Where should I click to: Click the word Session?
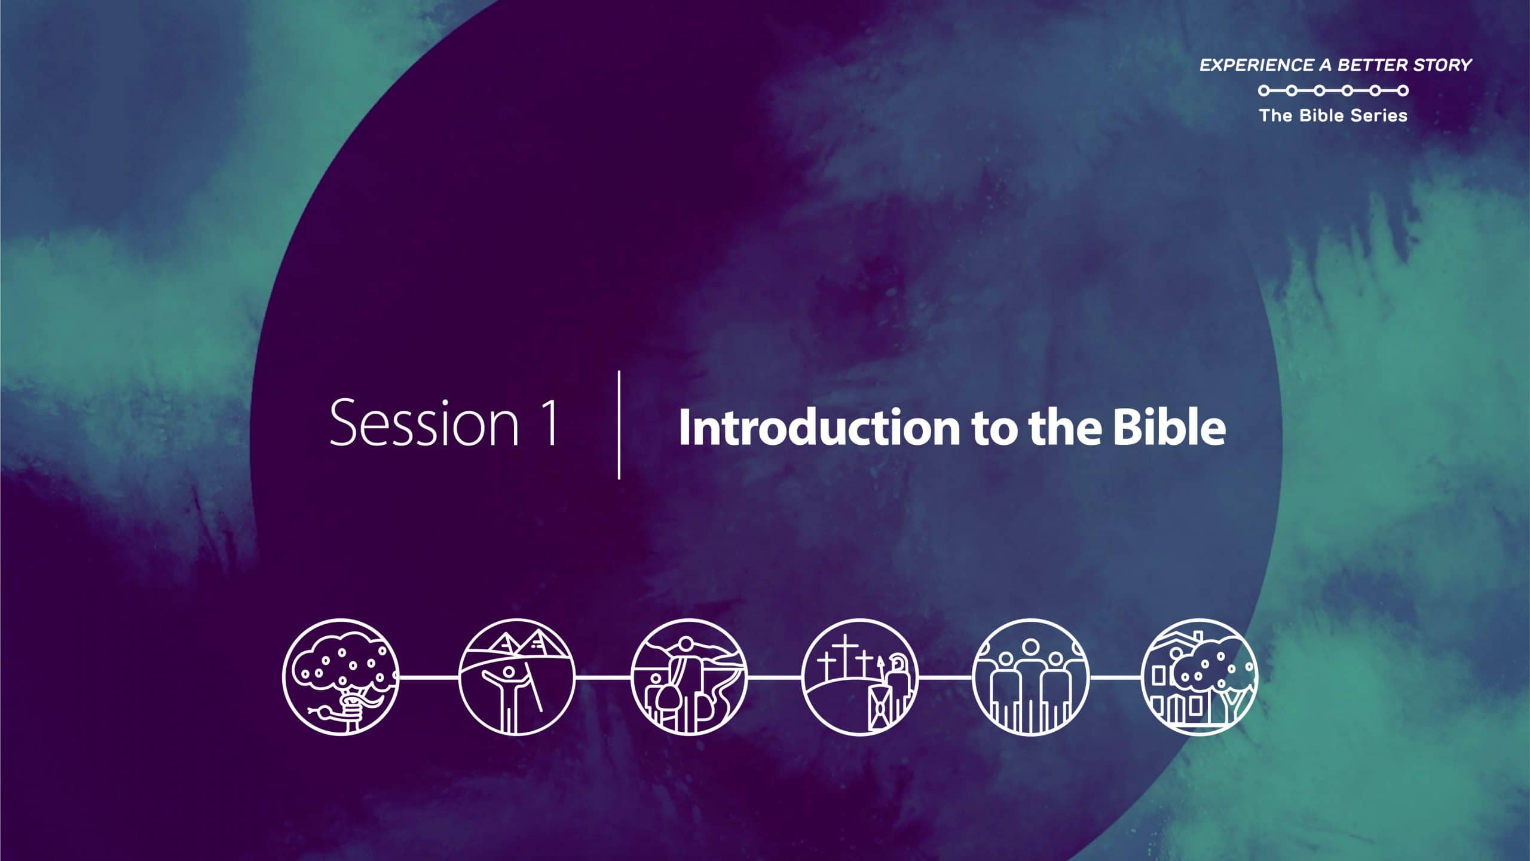pyautogui.click(x=424, y=423)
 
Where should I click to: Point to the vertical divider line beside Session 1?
pyautogui.click(x=619, y=425)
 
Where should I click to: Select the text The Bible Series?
pyautogui.click(x=1333, y=115)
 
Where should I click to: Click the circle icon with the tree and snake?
pyautogui.click(x=341, y=677)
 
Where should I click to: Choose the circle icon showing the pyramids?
pyautogui.click(x=516, y=677)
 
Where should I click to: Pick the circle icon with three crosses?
pyautogui.click(x=860, y=677)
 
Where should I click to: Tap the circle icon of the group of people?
pyautogui.click(x=1031, y=677)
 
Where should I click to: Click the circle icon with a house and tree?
pyautogui.click(x=1200, y=677)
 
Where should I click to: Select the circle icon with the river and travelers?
pyautogui.click(x=689, y=677)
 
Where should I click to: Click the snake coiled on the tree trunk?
pyautogui.click(x=347, y=706)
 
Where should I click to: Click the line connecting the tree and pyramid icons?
pyautogui.click(x=429, y=677)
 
